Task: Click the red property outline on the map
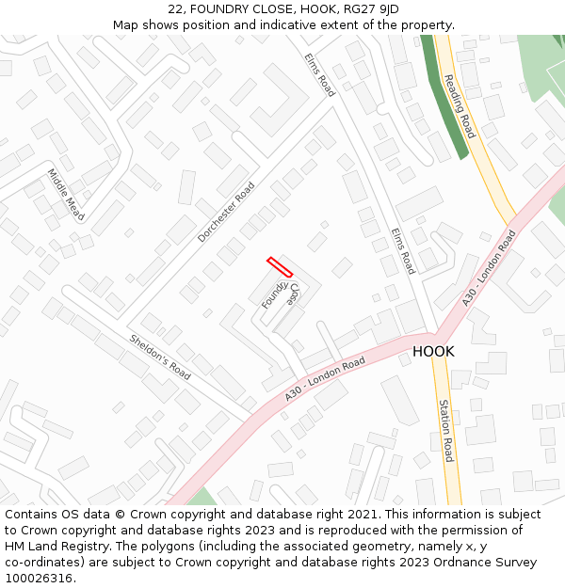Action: tap(280, 267)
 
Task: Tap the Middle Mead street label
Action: tap(66, 195)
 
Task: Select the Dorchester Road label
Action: tap(226, 213)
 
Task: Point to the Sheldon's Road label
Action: tap(160, 357)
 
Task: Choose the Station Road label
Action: tap(446, 430)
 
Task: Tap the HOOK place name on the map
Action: tap(433, 352)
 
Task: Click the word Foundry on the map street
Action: tap(274, 294)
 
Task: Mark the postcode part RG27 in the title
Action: tap(362, 9)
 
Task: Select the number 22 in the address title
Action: tap(175, 9)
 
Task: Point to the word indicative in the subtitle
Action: tap(282, 25)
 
